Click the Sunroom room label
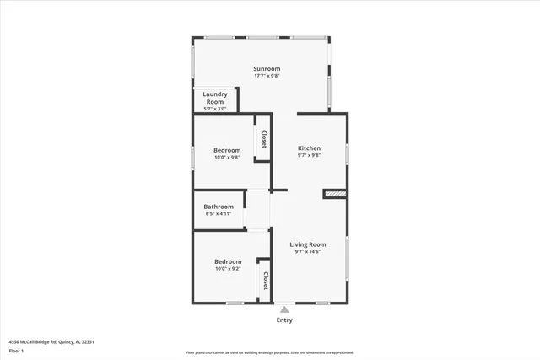point(267,68)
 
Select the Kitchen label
point(310,148)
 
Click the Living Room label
point(308,244)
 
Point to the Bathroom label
point(219,207)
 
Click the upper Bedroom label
point(226,150)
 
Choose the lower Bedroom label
point(226,261)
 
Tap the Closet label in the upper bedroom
point(265,139)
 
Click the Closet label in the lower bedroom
point(265,281)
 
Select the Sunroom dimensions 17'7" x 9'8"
point(267,76)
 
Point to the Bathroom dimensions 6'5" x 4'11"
point(219,214)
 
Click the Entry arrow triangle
point(284,309)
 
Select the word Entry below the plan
point(285,320)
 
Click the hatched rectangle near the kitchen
point(334,195)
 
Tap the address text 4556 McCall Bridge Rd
point(51,341)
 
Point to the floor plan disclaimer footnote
point(269,352)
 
